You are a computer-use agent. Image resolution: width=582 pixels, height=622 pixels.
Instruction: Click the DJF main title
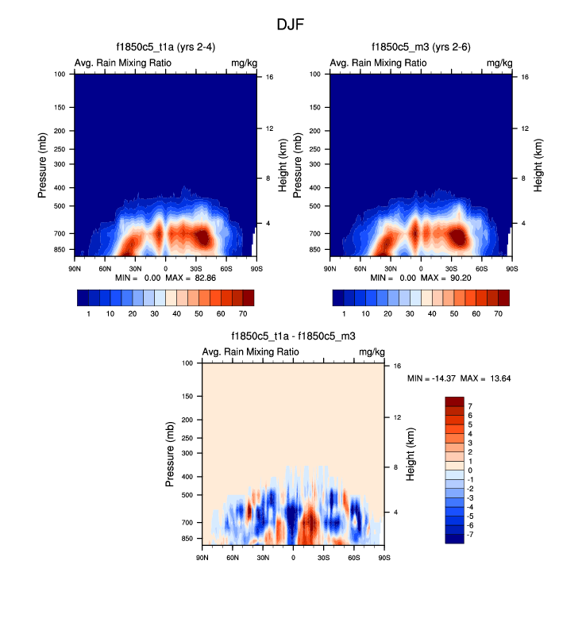(x=290, y=25)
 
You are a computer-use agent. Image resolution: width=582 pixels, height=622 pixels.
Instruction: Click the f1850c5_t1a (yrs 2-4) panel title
(x=165, y=48)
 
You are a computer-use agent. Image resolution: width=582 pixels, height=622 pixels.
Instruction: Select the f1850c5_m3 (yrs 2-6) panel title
(x=421, y=48)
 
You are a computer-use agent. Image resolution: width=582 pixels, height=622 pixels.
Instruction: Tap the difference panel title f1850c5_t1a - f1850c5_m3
(x=293, y=336)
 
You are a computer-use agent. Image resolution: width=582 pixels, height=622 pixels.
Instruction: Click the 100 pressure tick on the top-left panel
(x=60, y=75)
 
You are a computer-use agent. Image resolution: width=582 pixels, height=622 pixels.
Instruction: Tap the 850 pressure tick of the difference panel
(x=187, y=539)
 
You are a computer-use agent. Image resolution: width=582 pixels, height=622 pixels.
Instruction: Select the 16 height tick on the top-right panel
(x=526, y=77)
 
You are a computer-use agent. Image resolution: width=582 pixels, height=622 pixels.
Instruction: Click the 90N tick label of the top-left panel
(x=75, y=268)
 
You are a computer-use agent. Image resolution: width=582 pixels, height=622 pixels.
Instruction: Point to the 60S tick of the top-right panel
(x=482, y=268)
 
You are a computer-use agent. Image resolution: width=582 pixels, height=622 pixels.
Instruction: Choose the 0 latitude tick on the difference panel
(x=293, y=557)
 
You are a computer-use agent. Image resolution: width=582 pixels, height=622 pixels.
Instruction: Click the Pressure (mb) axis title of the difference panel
(x=170, y=455)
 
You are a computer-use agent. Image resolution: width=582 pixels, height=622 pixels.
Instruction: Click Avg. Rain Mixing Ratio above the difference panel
(x=251, y=351)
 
